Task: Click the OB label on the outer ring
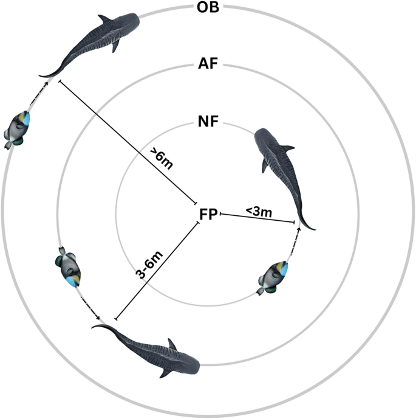point(208,8)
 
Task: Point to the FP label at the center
point(208,213)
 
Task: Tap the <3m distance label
point(258,210)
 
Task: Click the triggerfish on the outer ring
point(19,128)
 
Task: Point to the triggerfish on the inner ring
point(276,274)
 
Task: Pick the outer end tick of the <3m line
point(296,224)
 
